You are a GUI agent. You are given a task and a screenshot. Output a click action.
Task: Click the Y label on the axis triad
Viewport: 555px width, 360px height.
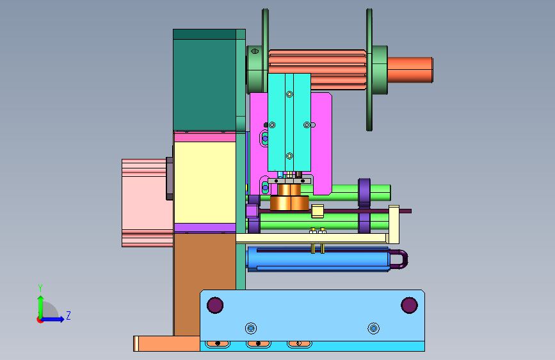pyautogui.click(x=40, y=288)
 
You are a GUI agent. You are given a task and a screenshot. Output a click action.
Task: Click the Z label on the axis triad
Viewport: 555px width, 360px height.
pyautogui.click(x=68, y=315)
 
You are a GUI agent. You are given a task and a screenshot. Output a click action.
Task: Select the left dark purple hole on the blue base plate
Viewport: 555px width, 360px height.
pyautogui.click(x=215, y=305)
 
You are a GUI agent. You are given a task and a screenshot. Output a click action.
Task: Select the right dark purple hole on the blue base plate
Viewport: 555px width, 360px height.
pyautogui.click(x=409, y=305)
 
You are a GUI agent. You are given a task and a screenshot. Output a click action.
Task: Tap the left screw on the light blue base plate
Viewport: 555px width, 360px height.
pyautogui.click(x=251, y=329)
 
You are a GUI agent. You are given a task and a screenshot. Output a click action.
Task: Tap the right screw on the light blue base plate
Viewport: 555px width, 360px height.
pyautogui.click(x=373, y=329)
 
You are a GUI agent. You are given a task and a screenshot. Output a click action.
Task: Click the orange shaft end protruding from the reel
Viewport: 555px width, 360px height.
pyautogui.click(x=410, y=70)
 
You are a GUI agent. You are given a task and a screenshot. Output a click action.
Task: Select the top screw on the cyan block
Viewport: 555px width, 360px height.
pyautogui.click(x=289, y=94)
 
